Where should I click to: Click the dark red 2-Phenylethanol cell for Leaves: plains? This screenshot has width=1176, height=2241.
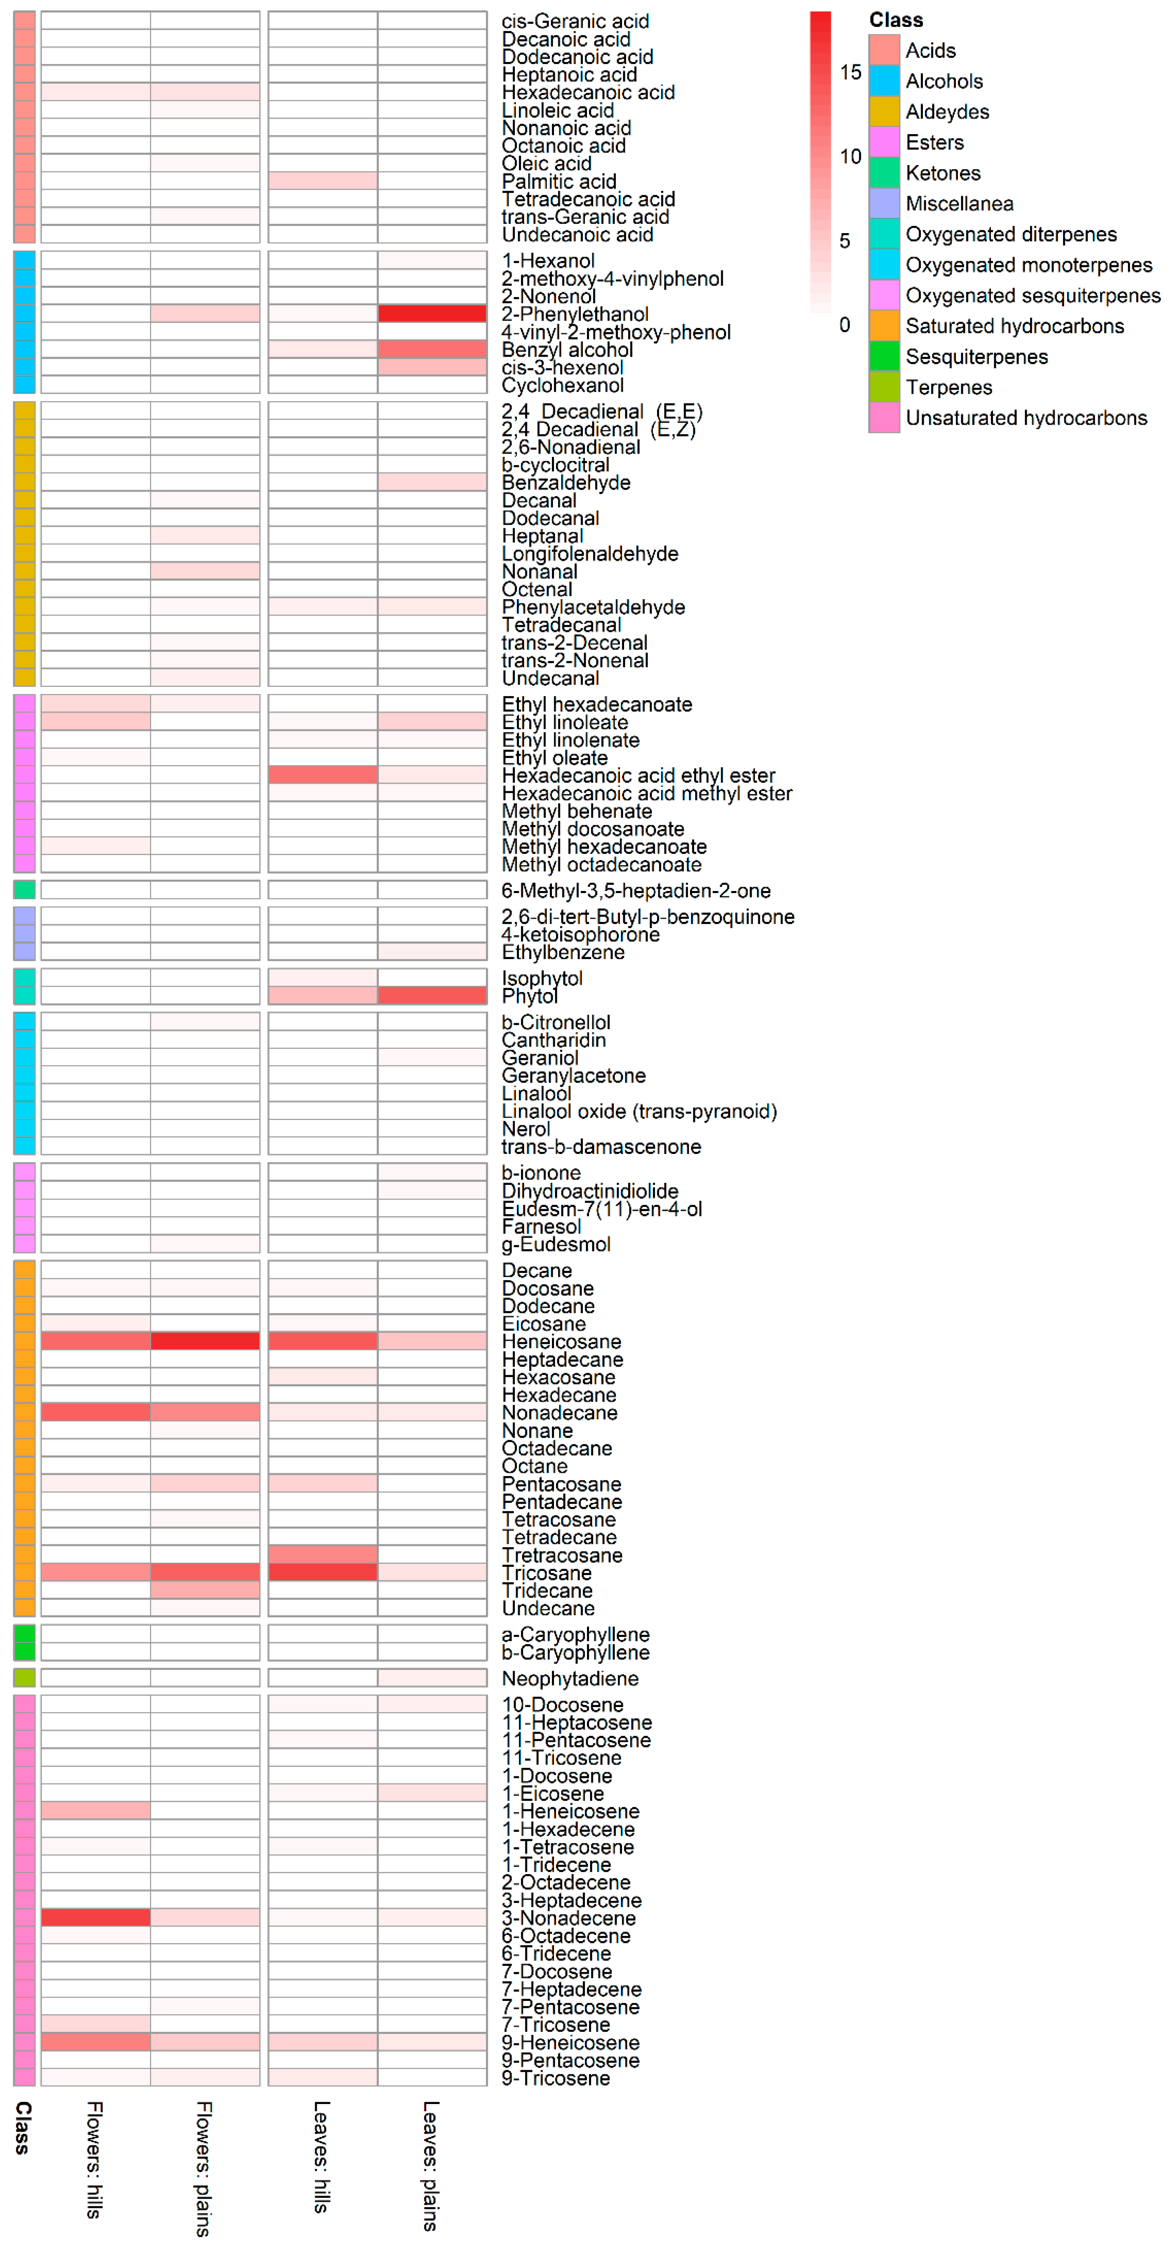(x=431, y=313)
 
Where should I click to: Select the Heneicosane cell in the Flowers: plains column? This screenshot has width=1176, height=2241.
(x=204, y=1341)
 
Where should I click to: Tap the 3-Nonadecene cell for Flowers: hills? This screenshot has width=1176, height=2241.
(x=96, y=1917)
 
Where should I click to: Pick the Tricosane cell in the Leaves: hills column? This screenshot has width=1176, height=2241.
(x=323, y=1571)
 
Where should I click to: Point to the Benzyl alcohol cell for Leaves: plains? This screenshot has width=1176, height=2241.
(x=431, y=349)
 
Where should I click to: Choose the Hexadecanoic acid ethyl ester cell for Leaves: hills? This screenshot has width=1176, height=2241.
(x=323, y=774)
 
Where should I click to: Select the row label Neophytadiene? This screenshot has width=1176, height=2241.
(x=570, y=1678)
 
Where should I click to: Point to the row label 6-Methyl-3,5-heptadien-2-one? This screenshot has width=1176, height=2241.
(x=636, y=890)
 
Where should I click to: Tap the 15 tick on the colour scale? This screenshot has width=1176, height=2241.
(x=850, y=72)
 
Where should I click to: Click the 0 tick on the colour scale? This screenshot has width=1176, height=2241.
(x=844, y=324)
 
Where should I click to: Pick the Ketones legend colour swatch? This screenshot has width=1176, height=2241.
(x=884, y=172)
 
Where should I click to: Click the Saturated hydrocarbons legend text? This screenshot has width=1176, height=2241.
(x=1014, y=326)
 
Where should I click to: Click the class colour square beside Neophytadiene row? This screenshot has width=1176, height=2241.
(x=24, y=1677)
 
